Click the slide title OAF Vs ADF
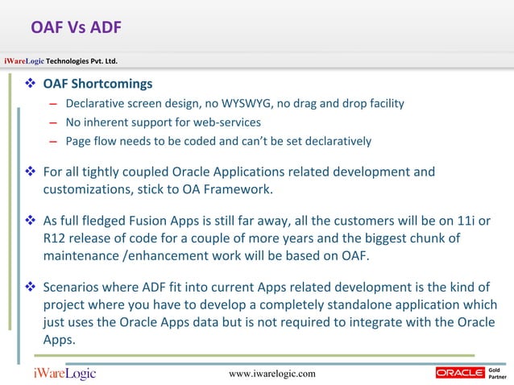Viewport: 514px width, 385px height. coord(76,29)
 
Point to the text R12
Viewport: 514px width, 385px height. coord(54,239)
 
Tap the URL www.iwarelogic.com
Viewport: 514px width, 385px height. coord(272,374)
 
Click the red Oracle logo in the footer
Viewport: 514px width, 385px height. coord(459,372)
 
